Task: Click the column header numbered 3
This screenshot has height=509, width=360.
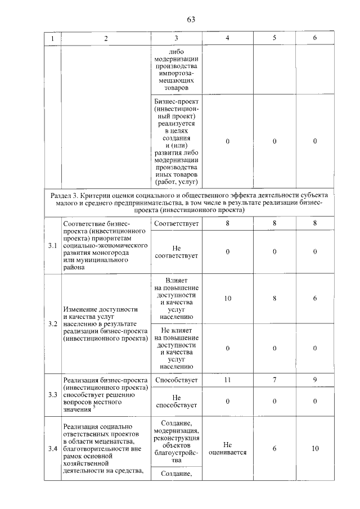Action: click(x=176, y=38)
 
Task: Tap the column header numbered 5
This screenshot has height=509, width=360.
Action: click(x=274, y=38)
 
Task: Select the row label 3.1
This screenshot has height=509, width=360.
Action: click(x=53, y=246)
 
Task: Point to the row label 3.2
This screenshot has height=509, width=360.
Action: click(x=53, y=324)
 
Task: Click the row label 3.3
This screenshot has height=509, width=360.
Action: click(x=53, y=394)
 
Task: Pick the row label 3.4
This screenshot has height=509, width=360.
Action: click(x=53, y=448)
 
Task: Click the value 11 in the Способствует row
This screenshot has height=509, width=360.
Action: click(x=227, y=380)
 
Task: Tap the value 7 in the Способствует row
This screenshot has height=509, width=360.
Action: click(x=274, y=380)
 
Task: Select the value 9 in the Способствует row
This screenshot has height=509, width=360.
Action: click(x=315, y=380)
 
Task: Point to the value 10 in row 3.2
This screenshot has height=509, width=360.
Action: click(x=227, y=299)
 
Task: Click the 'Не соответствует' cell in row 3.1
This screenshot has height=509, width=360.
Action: click(x=176, y=252)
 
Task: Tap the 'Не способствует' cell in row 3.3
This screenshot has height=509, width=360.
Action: click(x=176, y=401)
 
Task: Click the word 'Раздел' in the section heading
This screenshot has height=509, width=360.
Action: click(x=61, y=195)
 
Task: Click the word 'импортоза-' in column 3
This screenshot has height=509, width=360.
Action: click(x=176, y=74)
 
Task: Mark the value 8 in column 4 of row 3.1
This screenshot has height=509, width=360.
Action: click(x=227, y=223)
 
